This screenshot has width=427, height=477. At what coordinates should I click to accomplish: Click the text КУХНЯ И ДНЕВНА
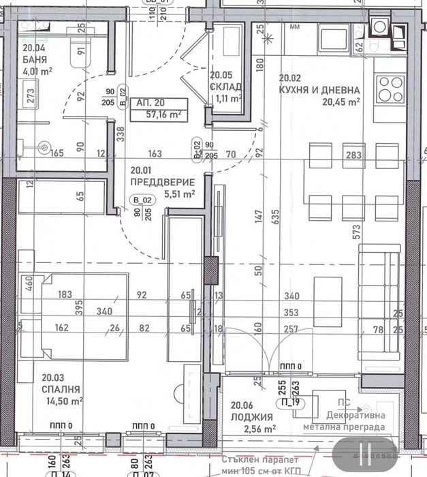click(319, 90)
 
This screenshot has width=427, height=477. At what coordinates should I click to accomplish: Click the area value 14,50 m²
click(61, 401)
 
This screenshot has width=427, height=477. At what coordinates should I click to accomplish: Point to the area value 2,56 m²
click(261, 429)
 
